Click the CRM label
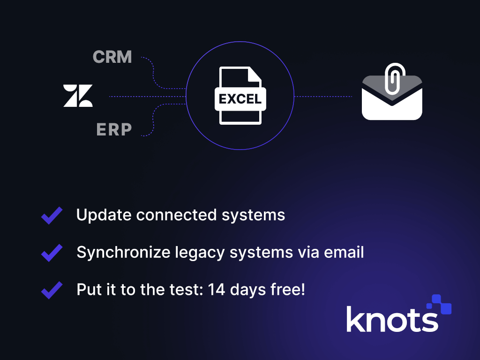click(x=112, y=57)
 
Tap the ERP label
click(x=114, y=130)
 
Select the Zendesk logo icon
click(x=78, y=96)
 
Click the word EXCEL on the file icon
click(x=240, y=99)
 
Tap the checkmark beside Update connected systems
click(x=52, y=216)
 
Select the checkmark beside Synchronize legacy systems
click(x=52, y=253)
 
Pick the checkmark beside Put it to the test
click(x=52, y=290)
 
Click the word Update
click(x=104, y=215)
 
